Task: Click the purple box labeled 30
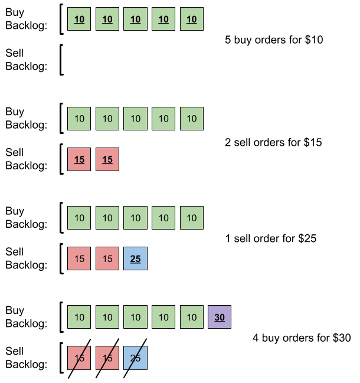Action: click(220, 317)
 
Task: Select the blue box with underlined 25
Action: click(135, 258)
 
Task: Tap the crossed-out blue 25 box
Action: click(135, 358)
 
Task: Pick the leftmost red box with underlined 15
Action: click(79, 159)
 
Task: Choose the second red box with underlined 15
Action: click(107, 159)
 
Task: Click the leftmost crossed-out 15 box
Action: click(79, 358)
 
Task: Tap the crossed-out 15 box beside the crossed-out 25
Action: click(107, 358)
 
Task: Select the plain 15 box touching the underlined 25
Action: click(107, 258)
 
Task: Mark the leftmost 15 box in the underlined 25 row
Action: click(79, 258)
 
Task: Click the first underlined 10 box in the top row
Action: click(79, 19)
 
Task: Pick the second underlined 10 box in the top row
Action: click(107, 19)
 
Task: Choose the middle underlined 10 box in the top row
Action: click(135, 19)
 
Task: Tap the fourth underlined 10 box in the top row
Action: click(163, 19)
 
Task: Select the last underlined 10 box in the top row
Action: click(192, 19)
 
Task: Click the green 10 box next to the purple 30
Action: click(192, 317)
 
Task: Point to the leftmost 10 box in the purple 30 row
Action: click(79, 317)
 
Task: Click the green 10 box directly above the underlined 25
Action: click(135, 218)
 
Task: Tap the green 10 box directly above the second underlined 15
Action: click(107, 119)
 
